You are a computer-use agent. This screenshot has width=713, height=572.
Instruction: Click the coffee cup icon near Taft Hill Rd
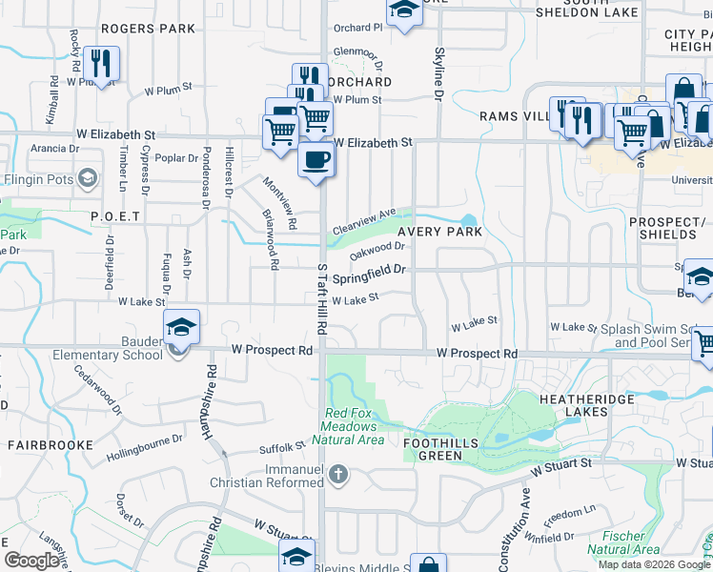click(316, 159)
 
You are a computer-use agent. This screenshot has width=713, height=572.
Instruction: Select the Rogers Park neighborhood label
click(148, 29)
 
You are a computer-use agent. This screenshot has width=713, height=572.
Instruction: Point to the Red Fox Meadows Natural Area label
click(354, 426)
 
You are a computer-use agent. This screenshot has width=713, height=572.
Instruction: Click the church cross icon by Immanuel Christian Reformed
click(337, 474)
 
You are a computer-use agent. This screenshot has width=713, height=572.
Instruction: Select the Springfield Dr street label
click(370, 274)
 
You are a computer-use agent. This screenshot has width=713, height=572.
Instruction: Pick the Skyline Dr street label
click(439, 76)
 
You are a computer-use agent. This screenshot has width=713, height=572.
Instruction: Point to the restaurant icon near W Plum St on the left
click(100, 64)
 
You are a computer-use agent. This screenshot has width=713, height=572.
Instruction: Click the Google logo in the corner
click(32, 561)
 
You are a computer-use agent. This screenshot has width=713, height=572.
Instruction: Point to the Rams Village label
click(513, 116)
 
